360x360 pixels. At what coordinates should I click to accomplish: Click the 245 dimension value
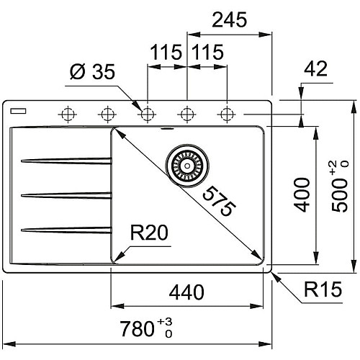[230, 19]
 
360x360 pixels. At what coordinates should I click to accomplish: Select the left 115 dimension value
[166, 52]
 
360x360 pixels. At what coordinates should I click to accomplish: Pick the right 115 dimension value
[208, 52]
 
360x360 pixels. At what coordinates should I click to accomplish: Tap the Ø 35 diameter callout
[92, 71]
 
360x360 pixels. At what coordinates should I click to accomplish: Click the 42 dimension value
[315, 68]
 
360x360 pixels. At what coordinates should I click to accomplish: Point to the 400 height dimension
[302, 194]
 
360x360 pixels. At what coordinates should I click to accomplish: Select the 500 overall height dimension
[340, 186]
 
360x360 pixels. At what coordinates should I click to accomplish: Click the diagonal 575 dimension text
[219, 201]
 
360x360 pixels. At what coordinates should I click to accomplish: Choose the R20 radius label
[149, 233]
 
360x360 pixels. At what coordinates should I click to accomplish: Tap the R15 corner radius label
[323, 289]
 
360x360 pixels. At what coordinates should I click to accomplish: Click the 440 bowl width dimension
[186, 292]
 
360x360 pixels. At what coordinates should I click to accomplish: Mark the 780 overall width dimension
[146, 328]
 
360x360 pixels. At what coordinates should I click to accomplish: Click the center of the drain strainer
[187, 166]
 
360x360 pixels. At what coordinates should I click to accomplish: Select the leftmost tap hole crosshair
[68, 114]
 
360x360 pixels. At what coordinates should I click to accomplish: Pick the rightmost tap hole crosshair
[227, 114]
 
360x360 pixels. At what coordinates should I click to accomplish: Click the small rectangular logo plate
[18, 111]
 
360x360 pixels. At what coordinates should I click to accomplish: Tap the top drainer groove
[66, 161]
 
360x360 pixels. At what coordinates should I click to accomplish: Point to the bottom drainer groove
[66, 230]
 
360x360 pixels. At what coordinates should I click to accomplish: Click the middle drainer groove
[66, 195]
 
